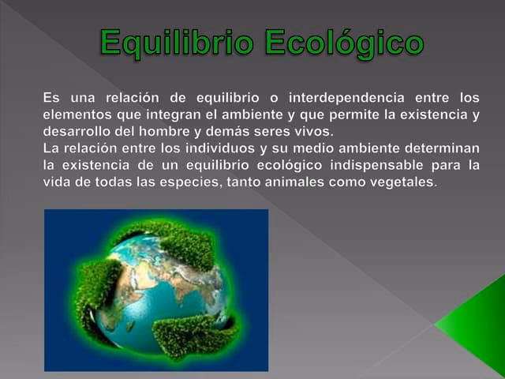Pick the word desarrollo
pyautogui.click(x=77, y=131)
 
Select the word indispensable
pyautogui.click(x=376, y=165)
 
